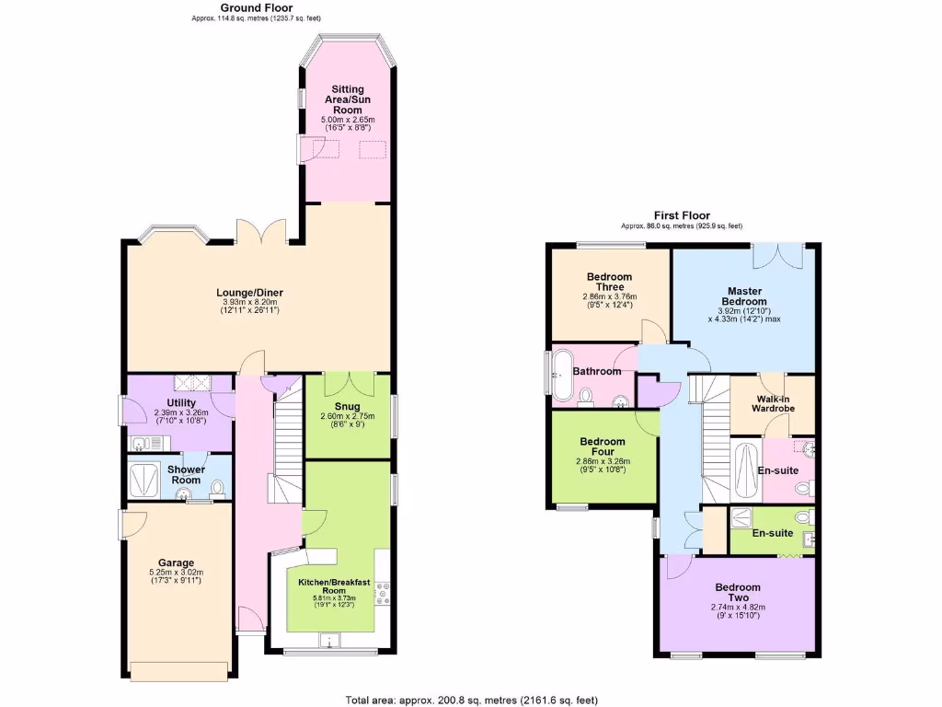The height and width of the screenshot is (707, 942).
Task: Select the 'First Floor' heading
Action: [681, 214]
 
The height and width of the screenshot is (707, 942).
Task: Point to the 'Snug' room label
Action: [347, 406]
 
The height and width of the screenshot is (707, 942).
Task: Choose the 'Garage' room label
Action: [175, 562]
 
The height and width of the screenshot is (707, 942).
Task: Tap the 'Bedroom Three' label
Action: [609, 282]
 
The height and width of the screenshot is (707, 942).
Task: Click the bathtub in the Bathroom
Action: [560, 377]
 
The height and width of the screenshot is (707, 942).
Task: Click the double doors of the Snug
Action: [348, 382]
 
